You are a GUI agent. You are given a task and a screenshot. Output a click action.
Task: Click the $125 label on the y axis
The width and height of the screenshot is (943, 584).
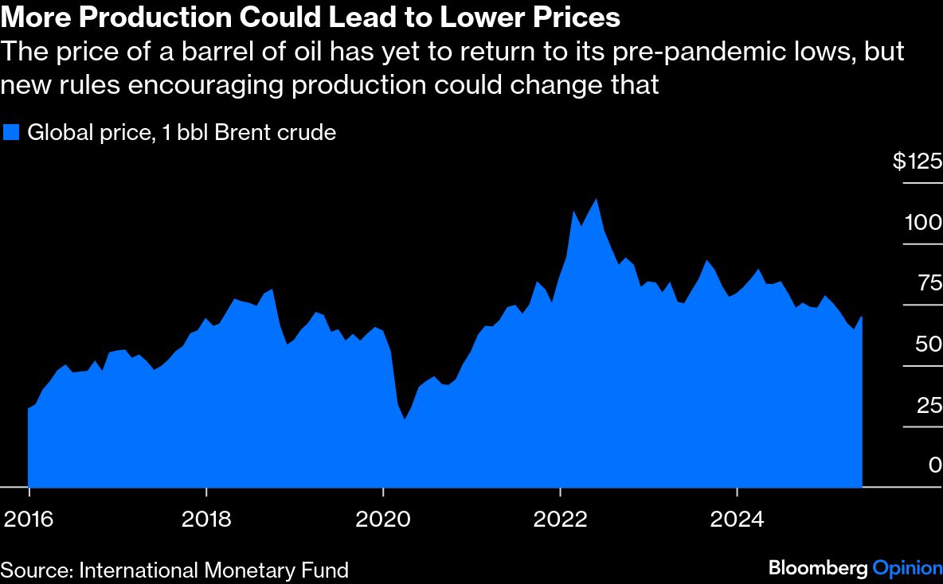[917, 162]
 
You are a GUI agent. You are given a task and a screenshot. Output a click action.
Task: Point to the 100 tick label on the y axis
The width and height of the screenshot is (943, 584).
[922, 223]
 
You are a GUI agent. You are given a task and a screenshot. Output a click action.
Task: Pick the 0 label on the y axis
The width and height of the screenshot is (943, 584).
[935, 466]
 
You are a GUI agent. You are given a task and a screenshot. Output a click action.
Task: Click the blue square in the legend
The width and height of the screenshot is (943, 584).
[11, 132]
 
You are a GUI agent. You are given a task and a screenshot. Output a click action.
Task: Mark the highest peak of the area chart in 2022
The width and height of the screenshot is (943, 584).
[596, 199]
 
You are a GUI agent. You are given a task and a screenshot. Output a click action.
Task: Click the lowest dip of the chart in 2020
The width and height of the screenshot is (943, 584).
[405, 419]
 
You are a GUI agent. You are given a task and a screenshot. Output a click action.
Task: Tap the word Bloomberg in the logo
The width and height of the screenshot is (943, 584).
[818, 568]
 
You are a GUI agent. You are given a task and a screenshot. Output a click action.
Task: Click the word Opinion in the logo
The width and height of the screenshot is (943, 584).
[907, 568]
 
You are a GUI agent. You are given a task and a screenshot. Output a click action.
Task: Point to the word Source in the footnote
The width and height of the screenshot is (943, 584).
[34, 570]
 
